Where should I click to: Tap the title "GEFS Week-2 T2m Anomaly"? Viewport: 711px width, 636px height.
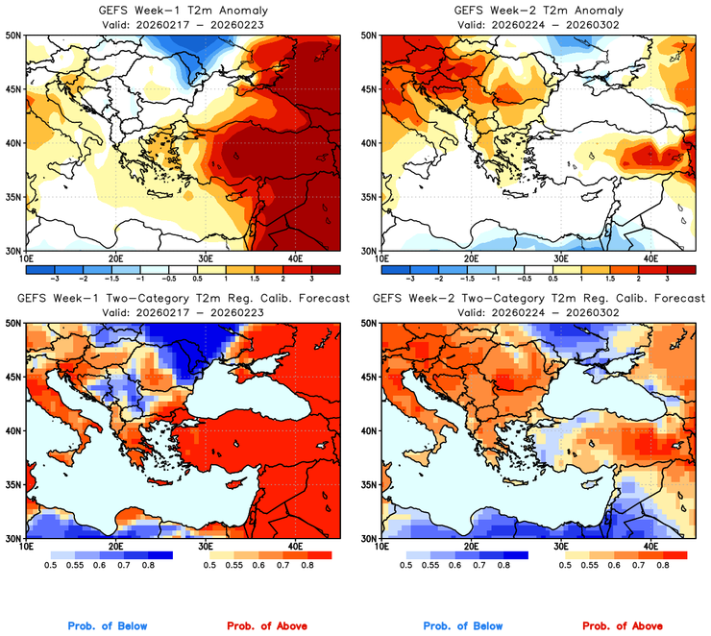534,11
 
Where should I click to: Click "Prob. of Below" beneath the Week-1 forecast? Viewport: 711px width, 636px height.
108,625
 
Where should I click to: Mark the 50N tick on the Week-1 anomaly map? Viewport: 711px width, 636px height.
14,35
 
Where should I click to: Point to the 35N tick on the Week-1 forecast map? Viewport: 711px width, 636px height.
14,484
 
